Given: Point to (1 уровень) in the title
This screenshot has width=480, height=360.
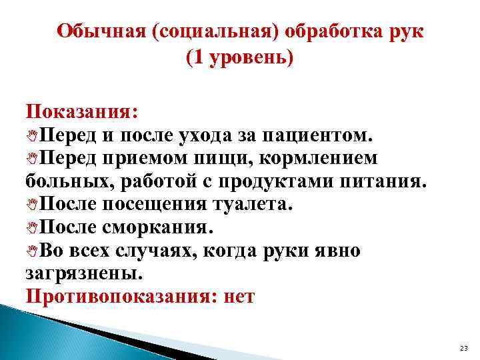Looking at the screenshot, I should click(x=240, y=59).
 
